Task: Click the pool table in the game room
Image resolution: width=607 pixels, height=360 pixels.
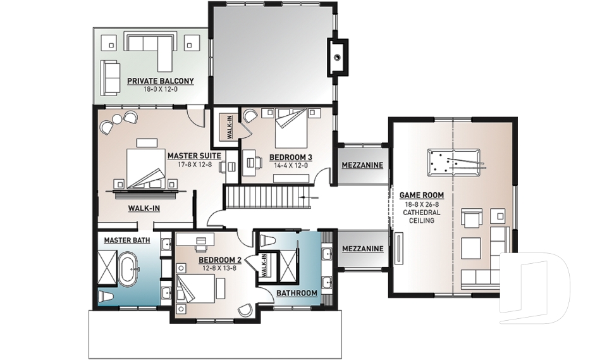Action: (x=454, y=163)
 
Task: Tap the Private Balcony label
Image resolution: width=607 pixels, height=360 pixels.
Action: (x=160, y=81)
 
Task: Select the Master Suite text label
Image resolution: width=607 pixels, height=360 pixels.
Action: (x=194, y=156)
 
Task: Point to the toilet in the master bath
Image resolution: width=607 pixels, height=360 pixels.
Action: (x=106, y=297)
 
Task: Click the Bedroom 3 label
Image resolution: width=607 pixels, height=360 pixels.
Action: (x=290, y=158)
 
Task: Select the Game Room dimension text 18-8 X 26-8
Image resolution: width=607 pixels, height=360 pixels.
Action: (x=422, y=204)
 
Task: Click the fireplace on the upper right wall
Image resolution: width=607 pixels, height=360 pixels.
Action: (x=338, y=58)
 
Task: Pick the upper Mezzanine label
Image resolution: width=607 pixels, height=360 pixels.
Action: (x=362, y=165)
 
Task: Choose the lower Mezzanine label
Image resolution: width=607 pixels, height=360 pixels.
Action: (x=363, y=249)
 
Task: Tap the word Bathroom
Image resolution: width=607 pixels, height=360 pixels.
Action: (x=297, y=293)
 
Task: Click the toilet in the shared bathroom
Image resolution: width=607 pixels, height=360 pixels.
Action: (x=267, y=240)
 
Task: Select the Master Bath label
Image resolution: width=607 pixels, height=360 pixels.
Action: (x=127, y=240)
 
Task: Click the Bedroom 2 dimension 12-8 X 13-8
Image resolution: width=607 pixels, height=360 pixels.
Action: (x=219, y=268)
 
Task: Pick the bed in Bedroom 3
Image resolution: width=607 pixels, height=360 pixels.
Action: (x=291, y=127)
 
